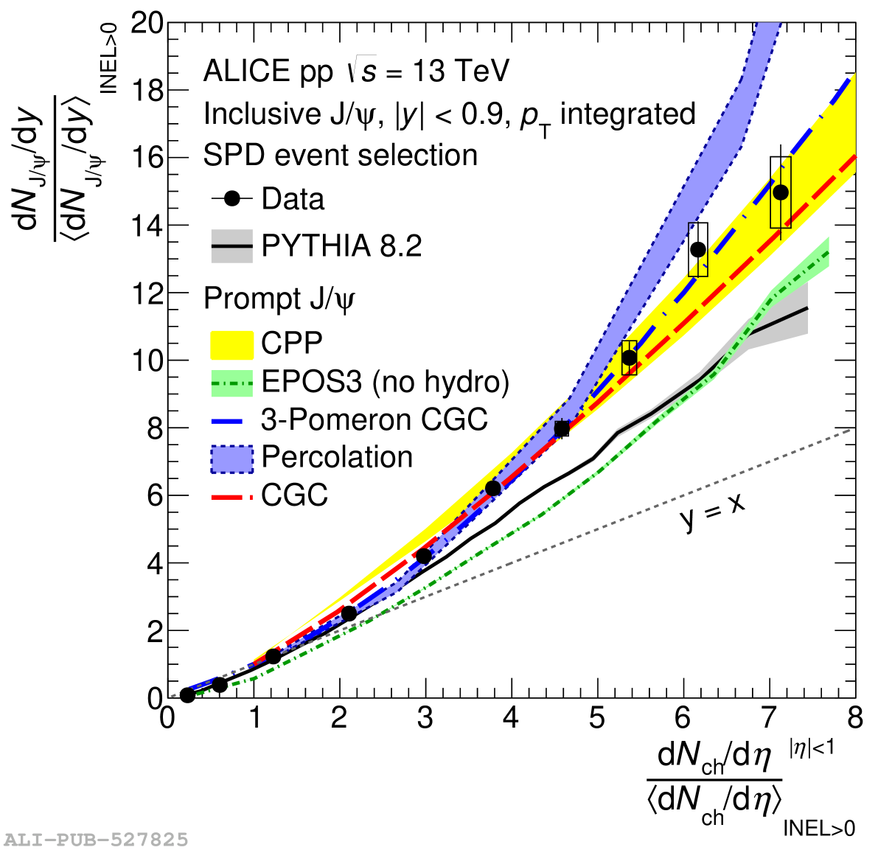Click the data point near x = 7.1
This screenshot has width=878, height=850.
coord(780,192)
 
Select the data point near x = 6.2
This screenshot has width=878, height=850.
coord(697,250)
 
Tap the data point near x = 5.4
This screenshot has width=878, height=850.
coord(629,358)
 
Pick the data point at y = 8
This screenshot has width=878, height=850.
coord(562,428)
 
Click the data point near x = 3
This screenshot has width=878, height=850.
coord(423,557)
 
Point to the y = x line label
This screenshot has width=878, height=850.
coord(711,512)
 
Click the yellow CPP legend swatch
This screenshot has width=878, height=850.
coord(231,344)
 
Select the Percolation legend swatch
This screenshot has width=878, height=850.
coord(231,458)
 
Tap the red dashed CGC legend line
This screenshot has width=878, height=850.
coord(231,496)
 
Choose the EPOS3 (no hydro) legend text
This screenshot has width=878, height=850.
coord(385,382)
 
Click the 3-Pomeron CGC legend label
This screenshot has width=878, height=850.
coord(374,419)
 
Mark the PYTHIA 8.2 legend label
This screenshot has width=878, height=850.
coord(341,246)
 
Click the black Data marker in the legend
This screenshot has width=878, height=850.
coord(232,199)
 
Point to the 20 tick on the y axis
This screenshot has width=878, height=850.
coord(147,23)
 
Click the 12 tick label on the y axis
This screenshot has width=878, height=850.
coord(147,293)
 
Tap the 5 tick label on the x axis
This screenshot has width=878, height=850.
coord(597,718)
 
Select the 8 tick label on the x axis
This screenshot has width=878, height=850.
coord(854,718)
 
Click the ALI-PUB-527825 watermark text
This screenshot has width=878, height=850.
coord(96,840)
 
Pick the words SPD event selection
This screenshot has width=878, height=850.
coord(341,156)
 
